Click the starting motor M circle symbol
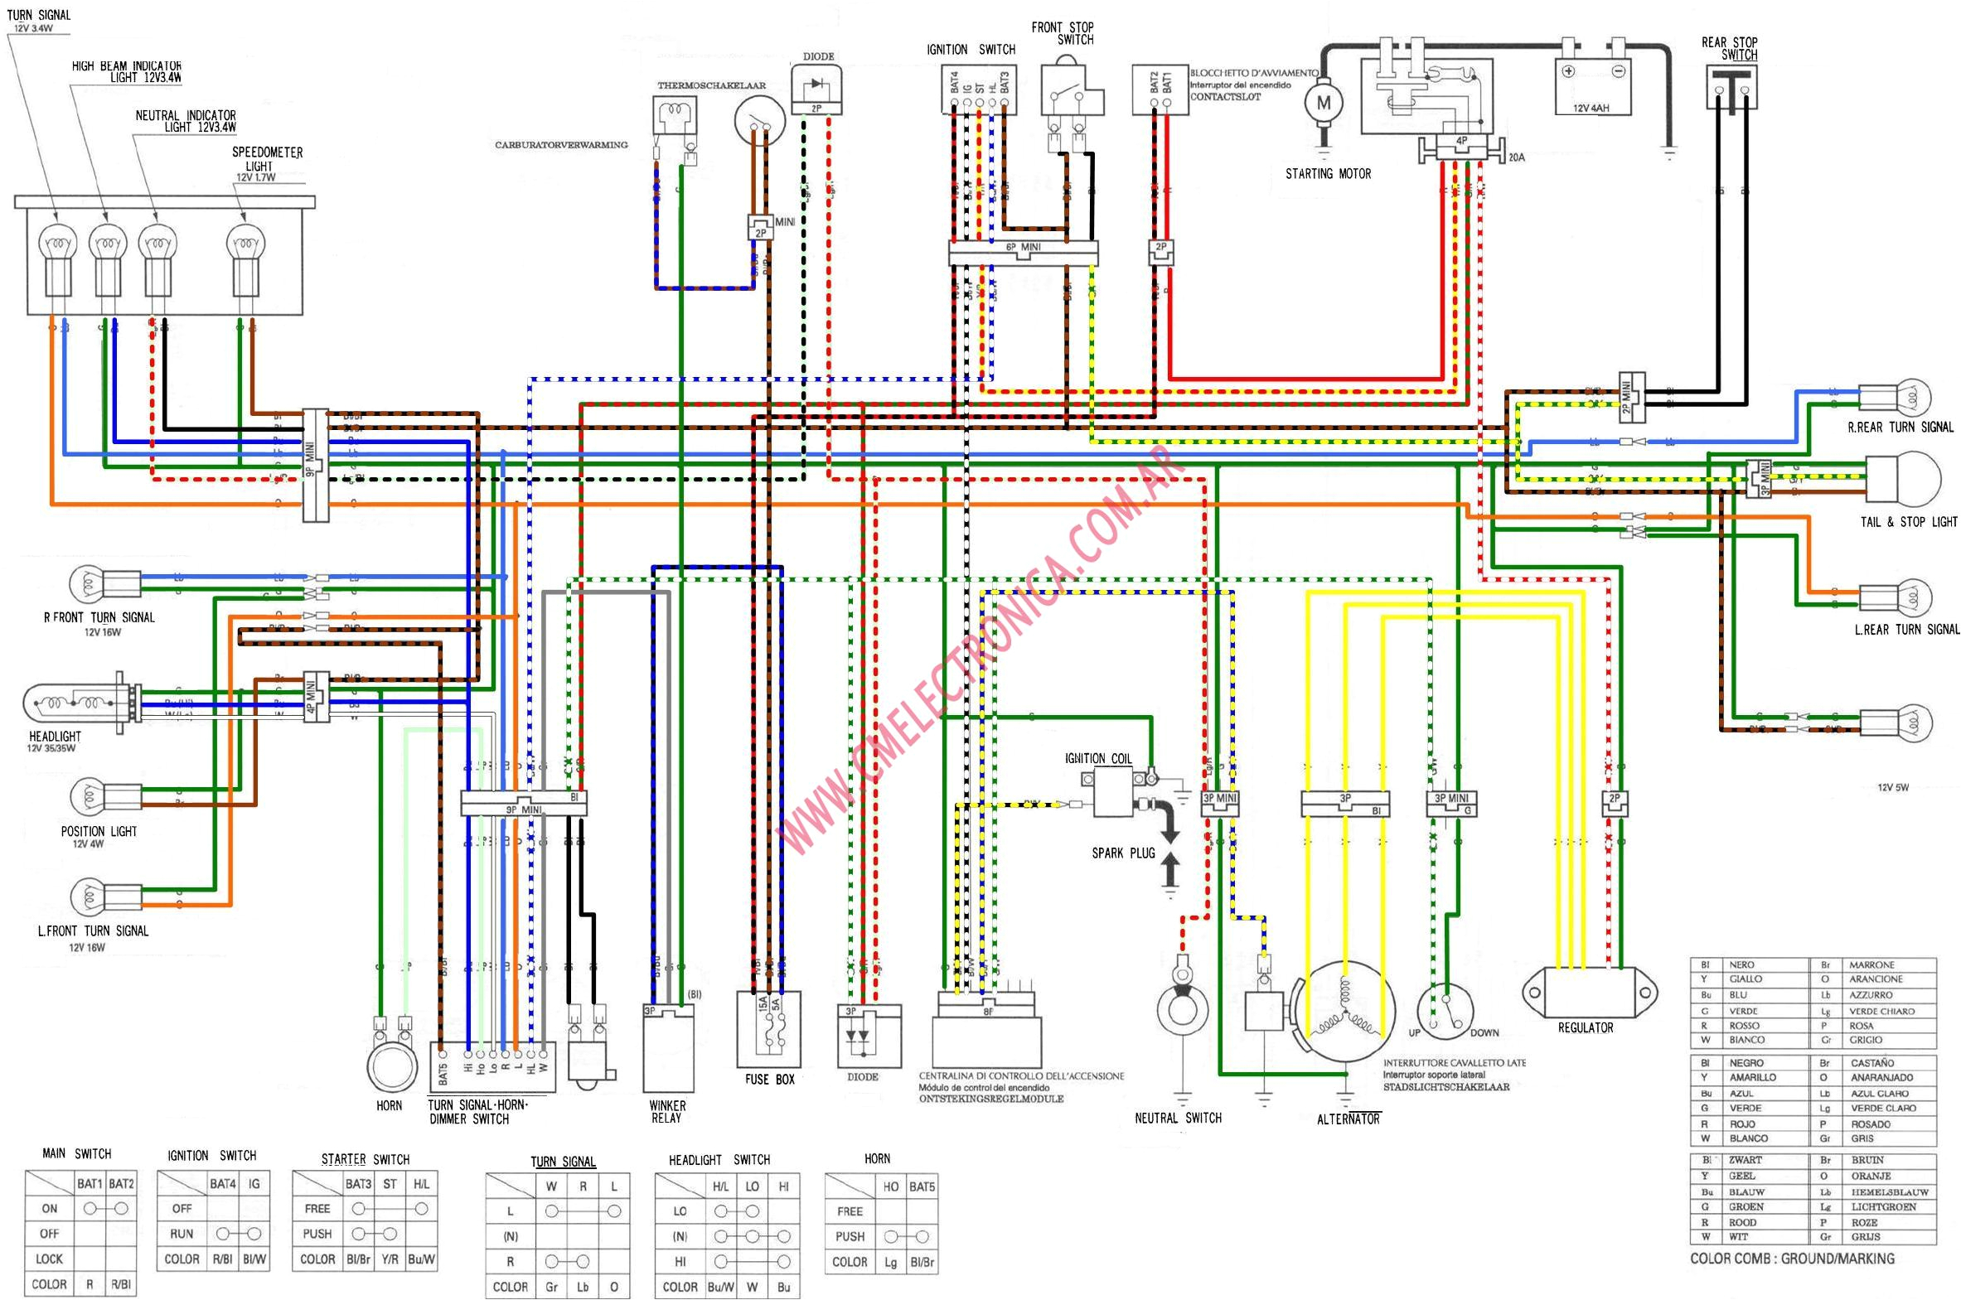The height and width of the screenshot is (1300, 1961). (x=1323, y=104)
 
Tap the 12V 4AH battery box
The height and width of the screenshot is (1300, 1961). (x=1592, y=86)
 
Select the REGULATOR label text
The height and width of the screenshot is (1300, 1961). (x=1585, y=1028)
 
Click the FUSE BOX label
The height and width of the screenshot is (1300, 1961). (x=768, y=1080)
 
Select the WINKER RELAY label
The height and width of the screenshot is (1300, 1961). (x=666, y=1112)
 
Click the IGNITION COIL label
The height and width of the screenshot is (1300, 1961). (x=1098, y=759)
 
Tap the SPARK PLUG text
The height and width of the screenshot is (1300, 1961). (x=1123, y=853)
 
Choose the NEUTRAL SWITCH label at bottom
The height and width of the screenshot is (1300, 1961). (x=1178, y=1119)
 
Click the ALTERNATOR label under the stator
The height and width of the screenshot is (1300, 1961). (x=1348, y=1119)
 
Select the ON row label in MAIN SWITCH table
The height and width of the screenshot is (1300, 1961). (x=50, y=1209)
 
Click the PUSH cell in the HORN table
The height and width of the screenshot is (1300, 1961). (x=849, y=1236)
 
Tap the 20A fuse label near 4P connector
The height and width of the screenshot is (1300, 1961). (x=1516, y=157)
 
